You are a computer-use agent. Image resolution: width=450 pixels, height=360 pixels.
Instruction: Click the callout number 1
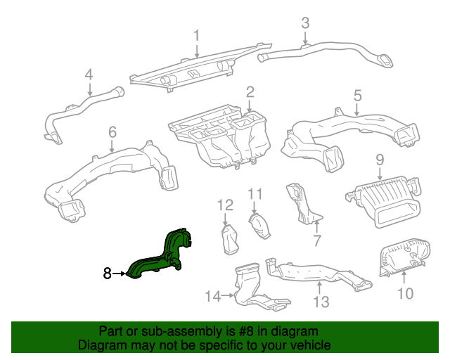click(x=197, y=34)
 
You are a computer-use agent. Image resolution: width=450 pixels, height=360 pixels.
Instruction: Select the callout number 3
click(x=305, y=22)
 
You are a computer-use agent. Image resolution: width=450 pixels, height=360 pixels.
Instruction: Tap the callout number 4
click(x=89, y=75)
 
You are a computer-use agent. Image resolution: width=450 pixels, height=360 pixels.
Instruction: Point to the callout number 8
click(x=108, y=273)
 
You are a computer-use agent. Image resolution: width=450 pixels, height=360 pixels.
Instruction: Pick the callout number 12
click(x=224, y=205)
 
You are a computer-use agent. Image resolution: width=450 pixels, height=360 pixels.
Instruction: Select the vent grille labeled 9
click(x=382, y=203)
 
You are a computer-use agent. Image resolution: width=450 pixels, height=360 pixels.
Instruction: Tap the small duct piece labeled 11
click(x=259, y=227)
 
